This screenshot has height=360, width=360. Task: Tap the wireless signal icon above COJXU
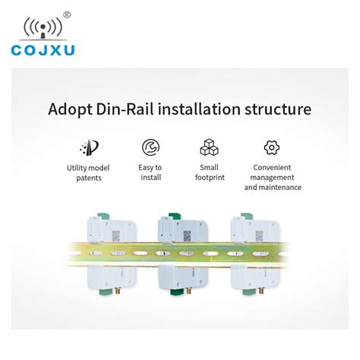click(41, 27)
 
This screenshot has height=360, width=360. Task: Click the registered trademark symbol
click(68, 14)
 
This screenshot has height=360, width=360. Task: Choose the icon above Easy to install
click(150, 147)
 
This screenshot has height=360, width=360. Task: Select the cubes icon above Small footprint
click(209, 147)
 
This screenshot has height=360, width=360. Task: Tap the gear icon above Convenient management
click(272, 147)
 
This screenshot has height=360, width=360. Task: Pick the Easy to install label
click(150, 172)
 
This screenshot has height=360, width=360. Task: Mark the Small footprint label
click(209, 172)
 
